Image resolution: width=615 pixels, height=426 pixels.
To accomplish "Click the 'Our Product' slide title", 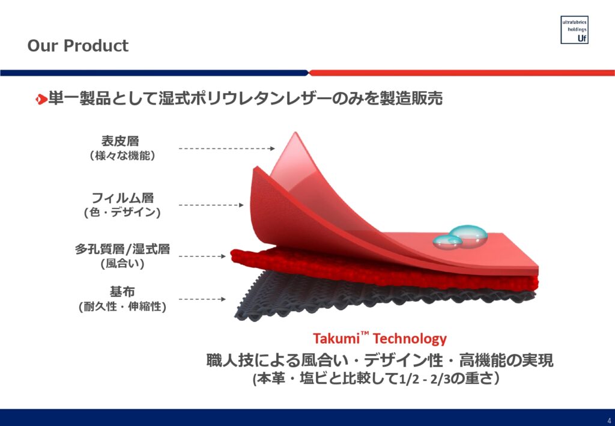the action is pos(77,46).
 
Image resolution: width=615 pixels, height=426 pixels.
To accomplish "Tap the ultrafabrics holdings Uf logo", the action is pos(574,30).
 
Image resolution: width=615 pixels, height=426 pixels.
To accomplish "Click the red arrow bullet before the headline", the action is pos(41,99).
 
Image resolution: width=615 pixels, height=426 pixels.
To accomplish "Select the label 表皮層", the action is pos(120,141).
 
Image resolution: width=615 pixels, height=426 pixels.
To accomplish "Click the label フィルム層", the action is pos(122,197).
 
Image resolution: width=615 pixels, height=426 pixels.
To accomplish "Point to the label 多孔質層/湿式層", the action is pos(123,249).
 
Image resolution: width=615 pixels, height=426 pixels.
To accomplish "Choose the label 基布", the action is pos(122,291).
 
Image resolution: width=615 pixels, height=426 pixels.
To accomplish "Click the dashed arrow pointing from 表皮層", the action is pos(226,148).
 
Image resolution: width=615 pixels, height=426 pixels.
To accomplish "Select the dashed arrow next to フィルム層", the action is pos(211,205).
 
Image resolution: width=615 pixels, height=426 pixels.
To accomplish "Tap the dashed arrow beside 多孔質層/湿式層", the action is pos(202,257).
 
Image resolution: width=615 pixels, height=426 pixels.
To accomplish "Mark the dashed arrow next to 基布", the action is pos(202,299).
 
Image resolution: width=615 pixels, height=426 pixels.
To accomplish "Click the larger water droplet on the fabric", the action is pos(468,235).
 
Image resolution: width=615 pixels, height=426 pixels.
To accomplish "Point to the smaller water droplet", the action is pos(447,242).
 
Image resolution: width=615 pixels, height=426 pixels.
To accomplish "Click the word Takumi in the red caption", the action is pos(336,338).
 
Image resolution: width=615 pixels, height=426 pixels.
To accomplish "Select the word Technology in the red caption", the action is pos(410,339).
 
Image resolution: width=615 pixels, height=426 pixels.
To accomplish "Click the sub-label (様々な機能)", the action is pos(123,156).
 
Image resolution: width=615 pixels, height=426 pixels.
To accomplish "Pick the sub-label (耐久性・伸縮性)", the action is pos(123,306).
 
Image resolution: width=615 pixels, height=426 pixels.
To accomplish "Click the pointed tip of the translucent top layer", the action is pos(295,133).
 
